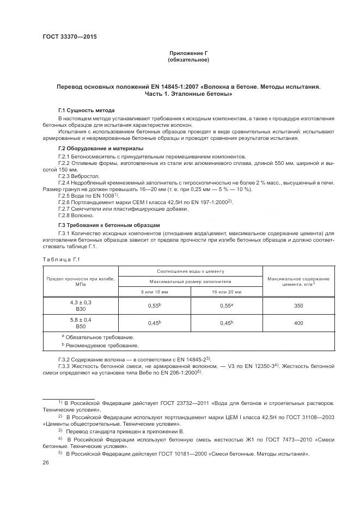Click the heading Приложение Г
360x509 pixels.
188,53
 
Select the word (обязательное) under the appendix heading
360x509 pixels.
188,60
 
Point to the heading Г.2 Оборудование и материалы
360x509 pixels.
101,149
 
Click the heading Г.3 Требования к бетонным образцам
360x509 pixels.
108,224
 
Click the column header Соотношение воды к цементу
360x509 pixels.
191,271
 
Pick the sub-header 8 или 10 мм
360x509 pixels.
155,292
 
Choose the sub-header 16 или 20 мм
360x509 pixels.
227,292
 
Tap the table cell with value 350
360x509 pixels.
298,306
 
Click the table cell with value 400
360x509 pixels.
298,323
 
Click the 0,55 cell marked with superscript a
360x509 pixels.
227,306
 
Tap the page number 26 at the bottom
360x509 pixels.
46,462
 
